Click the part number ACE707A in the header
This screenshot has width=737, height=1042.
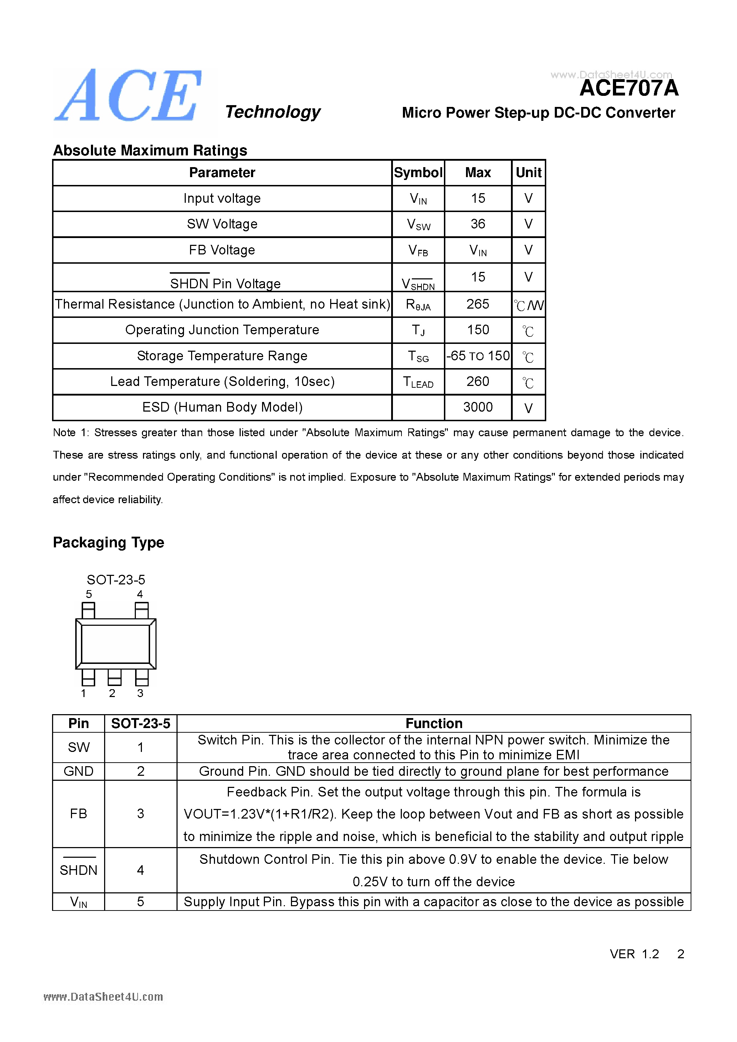pos(629,88)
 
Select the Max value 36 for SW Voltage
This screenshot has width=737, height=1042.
pos(478,224)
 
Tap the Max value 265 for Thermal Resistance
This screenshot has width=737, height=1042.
pos(478,304)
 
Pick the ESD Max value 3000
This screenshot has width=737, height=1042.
pos(478,407)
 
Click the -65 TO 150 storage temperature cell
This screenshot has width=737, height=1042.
pos(478,356)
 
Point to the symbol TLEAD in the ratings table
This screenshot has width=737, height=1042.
pos(418,382)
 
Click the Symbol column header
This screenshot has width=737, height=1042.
pos(418,172)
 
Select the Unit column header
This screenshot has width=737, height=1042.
pos(528,172)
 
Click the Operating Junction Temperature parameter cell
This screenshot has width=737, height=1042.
pos(222,330)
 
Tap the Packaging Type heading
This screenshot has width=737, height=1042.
pos(108,542)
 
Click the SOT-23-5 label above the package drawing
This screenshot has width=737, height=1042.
pos(116,579)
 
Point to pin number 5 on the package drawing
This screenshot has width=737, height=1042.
pos(89,594)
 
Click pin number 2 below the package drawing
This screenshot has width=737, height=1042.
pos(112,693)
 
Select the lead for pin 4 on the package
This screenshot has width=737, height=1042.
pos(142,610)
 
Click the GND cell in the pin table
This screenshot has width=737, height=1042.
pos(78,772)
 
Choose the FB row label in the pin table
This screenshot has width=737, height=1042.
pos(78,814)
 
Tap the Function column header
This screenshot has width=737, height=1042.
pos(434,723)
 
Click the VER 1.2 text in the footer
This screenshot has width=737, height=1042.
pos(634,954)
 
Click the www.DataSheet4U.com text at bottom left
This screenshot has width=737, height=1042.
pos(103,997)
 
